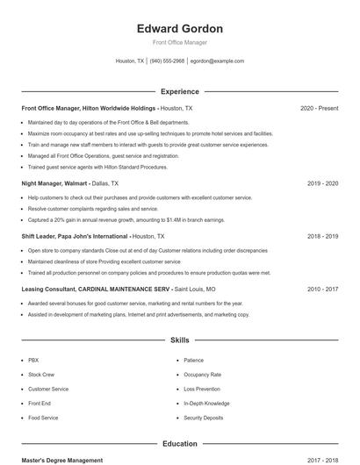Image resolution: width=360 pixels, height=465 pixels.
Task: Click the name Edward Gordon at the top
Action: [180, 29]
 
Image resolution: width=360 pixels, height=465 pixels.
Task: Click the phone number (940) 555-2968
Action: [167, 61]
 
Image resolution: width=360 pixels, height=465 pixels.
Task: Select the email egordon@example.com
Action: [217, 61]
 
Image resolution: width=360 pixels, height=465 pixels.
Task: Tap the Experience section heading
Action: [180, 91]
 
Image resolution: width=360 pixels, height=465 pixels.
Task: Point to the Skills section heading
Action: [180, 340]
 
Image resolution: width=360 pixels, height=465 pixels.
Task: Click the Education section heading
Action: [180, 444]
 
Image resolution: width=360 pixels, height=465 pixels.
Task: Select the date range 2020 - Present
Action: [319, 108]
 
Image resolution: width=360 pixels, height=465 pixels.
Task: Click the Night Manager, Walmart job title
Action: [54, 183]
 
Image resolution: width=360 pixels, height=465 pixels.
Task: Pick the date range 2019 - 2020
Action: [322, 183]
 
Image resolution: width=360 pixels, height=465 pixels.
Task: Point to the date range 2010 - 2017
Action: [322, 289]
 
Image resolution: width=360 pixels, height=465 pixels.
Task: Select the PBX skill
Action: [33, 360]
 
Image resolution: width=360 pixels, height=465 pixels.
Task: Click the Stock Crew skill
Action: [41, 375]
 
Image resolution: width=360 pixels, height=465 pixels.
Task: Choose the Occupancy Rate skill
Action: [202, 375]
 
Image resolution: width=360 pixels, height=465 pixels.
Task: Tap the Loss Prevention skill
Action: [202, 389]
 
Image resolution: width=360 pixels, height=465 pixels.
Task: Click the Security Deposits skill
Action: [204, 418]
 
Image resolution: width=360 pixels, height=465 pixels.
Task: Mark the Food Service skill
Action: [43, 418]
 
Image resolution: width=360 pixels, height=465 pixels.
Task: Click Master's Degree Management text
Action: [62, 461]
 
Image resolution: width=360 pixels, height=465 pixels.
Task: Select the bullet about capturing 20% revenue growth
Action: [126, 220]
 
